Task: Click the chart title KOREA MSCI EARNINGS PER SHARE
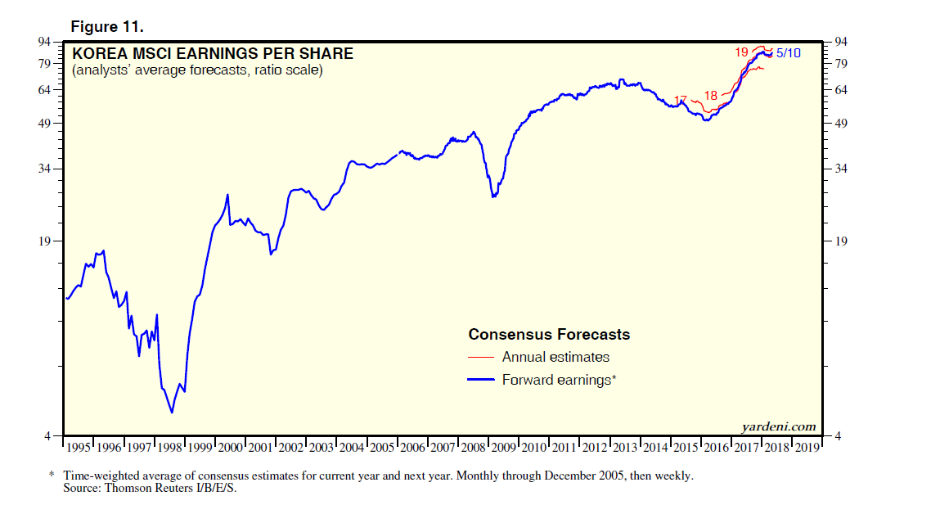(213, 54)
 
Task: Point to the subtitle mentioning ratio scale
(197, 71)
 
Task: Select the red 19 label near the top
(741, 52)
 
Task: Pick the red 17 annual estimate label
(681, 100)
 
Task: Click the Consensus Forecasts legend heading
(549, 334)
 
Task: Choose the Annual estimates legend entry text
(555, 357)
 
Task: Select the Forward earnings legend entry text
(559, 380)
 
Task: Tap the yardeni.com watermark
(778, 426)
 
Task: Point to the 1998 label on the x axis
(170, 447)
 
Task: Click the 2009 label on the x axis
(504, 447)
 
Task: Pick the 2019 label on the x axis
(807, 447)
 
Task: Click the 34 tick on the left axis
(47, 169)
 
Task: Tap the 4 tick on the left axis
(50, 435)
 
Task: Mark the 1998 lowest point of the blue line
(172, 412)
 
